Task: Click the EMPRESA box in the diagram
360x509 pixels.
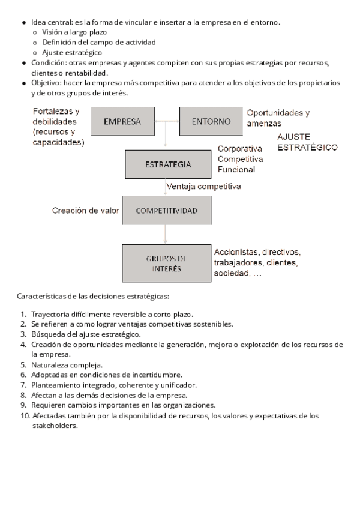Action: (122, 121)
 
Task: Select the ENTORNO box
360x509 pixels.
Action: (211, 121)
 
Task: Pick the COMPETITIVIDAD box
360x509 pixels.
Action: (166, 211)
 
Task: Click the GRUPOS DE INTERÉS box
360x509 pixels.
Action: (166, 264)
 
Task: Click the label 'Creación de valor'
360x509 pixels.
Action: (85, 211)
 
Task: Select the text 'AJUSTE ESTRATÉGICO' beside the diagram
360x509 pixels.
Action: (307, 142)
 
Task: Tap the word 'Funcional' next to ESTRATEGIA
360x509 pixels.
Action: (236, 170)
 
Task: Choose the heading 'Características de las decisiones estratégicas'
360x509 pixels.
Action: (93, 297)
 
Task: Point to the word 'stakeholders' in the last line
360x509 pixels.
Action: (55, 426)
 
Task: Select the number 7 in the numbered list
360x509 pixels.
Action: (23, 385)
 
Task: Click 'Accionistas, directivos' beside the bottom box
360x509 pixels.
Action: (257, 252)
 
